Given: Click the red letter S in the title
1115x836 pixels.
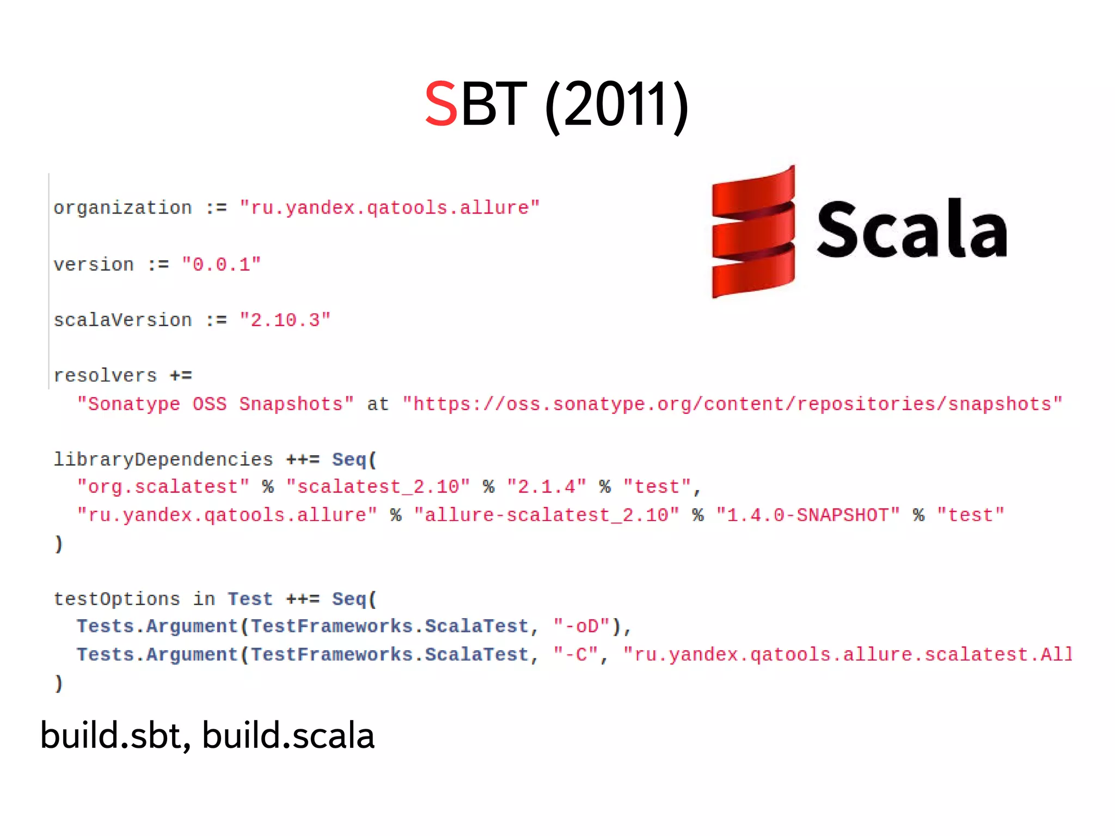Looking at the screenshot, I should [440, 103].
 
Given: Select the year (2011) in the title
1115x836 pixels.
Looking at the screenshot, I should [617, 105].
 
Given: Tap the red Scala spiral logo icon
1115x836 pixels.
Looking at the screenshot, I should [753, 232].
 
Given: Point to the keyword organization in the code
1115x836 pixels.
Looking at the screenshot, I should [122, 208].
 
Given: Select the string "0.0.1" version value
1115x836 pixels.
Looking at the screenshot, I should [221, 265].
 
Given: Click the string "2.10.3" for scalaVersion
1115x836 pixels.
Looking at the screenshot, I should [285, 320].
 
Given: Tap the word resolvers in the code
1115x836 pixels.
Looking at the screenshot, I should [105, 376].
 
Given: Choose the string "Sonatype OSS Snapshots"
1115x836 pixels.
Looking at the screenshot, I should [215, 404].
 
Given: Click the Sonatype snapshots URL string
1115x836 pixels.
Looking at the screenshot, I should [732, 404].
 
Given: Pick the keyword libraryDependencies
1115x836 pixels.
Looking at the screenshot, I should [163, 460].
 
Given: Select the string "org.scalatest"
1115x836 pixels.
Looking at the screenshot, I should [163, 487].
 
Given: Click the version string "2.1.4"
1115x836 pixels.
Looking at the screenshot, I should [546, 487].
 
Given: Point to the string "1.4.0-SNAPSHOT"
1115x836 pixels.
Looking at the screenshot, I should [807, 515].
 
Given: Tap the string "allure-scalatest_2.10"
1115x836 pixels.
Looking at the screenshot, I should [546, 515].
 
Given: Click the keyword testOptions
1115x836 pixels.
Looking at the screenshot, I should [117, 599].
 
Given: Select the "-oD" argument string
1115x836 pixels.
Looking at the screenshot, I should [581, 626].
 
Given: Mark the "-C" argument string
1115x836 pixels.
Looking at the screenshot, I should [576, 655].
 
